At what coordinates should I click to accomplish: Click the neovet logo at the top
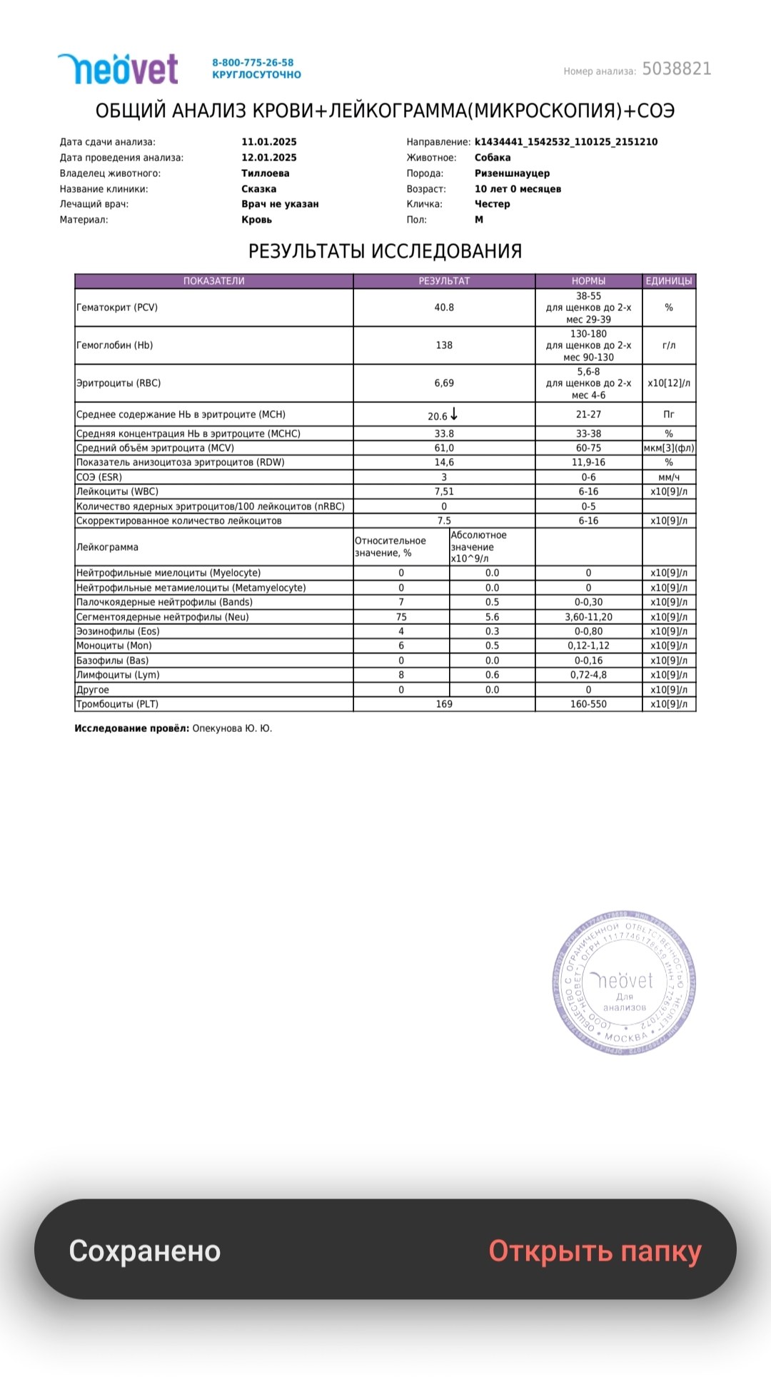click(118, 69)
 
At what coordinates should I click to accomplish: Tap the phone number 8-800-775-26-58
click(253, 63)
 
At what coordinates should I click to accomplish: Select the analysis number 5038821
click(676, 69)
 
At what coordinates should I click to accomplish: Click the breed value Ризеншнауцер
click(512, 173)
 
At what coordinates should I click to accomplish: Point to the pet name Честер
click(492, 204)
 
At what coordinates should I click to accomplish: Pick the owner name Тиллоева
click(266, 173)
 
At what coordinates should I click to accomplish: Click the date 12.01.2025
click(269, 158)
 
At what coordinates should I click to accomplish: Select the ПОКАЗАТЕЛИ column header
click(213, 281)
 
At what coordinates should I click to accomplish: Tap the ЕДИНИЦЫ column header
click(668, 281)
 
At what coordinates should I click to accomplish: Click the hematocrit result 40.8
click(444, 307)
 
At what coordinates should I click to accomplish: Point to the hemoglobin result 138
click(444, 345)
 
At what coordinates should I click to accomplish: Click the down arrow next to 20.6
click(454, 414)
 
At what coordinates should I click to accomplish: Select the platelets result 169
click(444, 704)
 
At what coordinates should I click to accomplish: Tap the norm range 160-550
click(588, 704)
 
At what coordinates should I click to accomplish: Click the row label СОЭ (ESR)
click(99, 477)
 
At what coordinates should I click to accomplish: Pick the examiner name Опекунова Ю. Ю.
click(232, 728)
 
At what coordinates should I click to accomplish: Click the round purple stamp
click(624, 983)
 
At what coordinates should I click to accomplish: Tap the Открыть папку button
click(595, 1251)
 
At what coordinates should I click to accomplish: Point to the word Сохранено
click(145, 1251)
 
